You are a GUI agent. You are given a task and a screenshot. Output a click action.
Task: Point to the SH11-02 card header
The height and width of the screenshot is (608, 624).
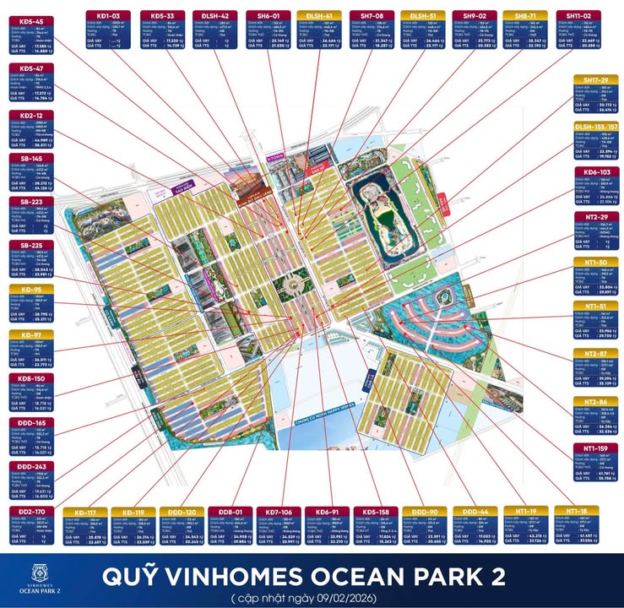[x=578, y=14]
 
